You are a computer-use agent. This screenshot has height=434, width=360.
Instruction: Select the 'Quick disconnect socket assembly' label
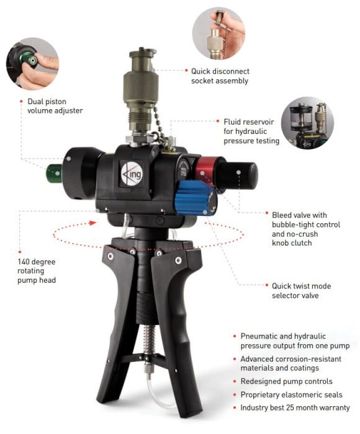tap(220, 76)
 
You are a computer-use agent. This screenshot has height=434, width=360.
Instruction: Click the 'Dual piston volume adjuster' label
tap(55, 105)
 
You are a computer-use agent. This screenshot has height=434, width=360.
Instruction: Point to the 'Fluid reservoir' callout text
tap(251, 131)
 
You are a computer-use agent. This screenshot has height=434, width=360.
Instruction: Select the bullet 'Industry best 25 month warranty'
tap(295, 407)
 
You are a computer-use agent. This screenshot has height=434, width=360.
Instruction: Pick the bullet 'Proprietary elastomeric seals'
tap(291, 394)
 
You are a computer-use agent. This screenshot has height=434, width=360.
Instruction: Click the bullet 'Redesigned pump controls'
tap(286, 381)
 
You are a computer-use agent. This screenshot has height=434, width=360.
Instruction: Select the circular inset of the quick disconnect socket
tap(218, 33)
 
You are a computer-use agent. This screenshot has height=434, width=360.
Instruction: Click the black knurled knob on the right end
tap(243, 175)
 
